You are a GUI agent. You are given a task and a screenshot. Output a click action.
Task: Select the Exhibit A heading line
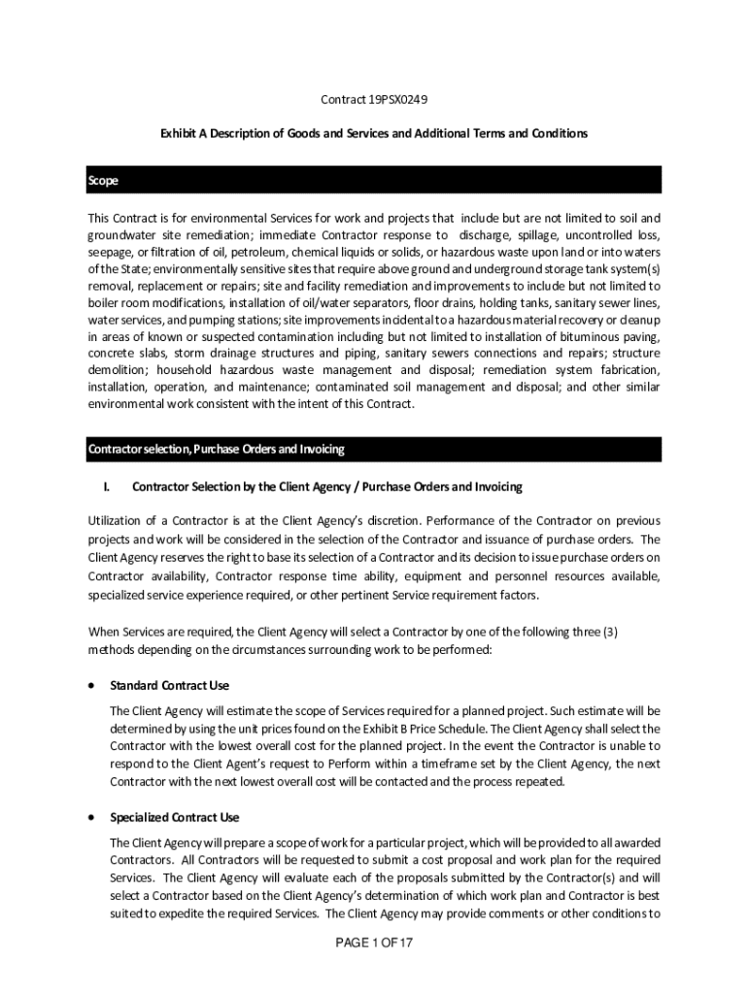374,133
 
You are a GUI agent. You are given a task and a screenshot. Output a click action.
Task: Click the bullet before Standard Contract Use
91,685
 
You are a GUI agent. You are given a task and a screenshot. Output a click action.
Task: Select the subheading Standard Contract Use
170,686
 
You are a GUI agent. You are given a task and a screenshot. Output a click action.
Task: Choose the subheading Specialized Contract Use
175,818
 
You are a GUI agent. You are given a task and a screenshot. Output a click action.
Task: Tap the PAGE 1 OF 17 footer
375,944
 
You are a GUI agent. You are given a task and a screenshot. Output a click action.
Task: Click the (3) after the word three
610,632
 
